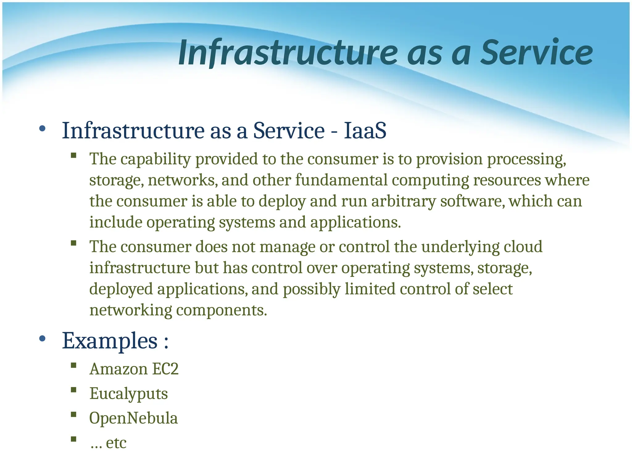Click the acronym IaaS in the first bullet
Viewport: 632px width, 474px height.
tap(365, 131)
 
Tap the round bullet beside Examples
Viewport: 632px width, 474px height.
tap(43, 339)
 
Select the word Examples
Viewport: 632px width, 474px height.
tap(110, 341)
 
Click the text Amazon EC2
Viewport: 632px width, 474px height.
tap(134, 369)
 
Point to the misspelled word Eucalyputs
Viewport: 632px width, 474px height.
tap(128, 394)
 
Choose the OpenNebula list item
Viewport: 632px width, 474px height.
tap(133, 418)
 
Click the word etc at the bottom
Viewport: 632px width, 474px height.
tap(116, 443)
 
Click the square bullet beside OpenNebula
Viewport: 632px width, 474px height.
tap(73, 414)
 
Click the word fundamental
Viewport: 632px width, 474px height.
tap(341, 180)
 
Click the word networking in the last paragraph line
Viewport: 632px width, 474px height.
tap(131, 310)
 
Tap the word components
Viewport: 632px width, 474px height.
tap(221, 310)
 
